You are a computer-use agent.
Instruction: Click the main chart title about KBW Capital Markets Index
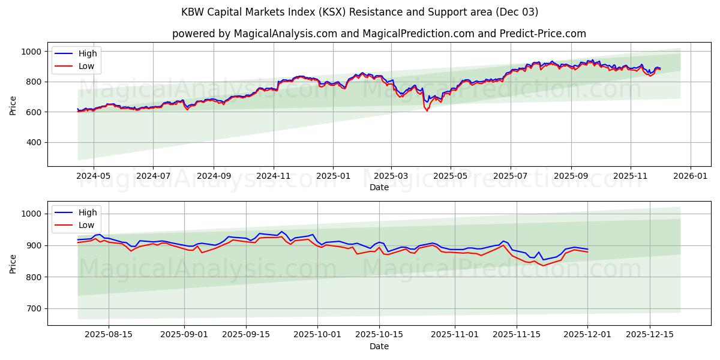click(x=359, y=12)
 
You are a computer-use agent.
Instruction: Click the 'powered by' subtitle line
click(x=379, y=34)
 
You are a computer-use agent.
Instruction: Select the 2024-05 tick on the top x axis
click(x=94, y=176)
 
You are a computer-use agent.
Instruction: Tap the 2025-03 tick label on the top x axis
click(x=391, y=176)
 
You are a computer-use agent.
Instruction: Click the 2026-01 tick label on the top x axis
click(x=690, y=176)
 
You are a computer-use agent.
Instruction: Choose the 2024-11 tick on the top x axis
click(x=274, y=176)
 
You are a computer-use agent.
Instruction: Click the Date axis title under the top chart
click(x=379, y=187)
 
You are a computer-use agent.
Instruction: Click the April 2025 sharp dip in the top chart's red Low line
click(x=427, y=111)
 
